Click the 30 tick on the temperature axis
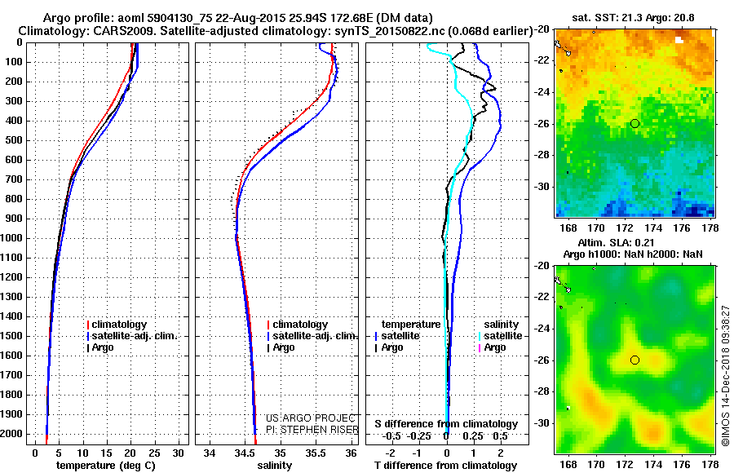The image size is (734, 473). coord(179,453)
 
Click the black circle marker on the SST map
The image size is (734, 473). coord(635,123)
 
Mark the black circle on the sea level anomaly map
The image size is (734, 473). coord(635,360)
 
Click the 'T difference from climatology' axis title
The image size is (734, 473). coord(446,466)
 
